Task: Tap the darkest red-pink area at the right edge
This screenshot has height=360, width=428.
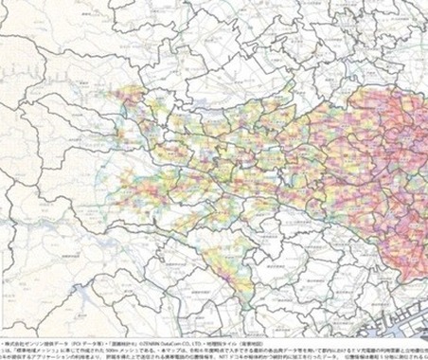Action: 417,142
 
